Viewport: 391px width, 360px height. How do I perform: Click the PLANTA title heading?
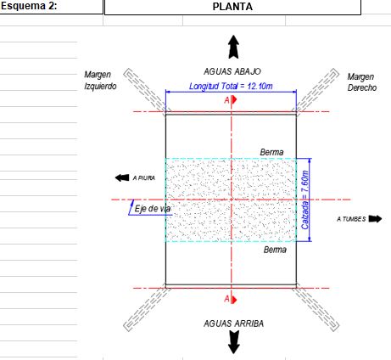(232, 7)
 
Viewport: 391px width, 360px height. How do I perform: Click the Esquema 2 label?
(29, 6)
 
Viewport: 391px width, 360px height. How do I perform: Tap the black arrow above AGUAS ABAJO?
(233, 47)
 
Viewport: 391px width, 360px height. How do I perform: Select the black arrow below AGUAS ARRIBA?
(233, 342)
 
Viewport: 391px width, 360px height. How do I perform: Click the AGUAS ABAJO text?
(232, 71)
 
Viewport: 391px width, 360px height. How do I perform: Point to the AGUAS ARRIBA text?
(233, 323)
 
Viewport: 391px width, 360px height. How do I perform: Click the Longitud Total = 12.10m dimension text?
(231, 86)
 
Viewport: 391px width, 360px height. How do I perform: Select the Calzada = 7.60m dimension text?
(304, 200)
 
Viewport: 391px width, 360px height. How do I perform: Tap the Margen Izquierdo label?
(100, 81)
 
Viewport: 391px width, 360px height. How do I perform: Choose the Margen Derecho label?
(362, 82)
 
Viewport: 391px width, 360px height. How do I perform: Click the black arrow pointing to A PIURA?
(122, 177)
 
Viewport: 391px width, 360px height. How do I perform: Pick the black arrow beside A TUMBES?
(375, 219)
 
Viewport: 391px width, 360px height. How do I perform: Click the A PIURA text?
(144, 178)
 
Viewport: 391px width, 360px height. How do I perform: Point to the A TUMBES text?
(351, 219)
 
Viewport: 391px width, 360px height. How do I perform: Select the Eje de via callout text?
(153, 209)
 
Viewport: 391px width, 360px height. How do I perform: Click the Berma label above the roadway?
(271, 152)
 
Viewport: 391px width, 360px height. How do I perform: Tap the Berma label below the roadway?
(275, 250)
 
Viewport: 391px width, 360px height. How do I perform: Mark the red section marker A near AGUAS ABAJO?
(230, 100)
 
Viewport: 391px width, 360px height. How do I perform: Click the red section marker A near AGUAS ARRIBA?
(230, 299)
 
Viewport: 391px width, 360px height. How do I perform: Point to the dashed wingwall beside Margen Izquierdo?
(145, 90)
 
